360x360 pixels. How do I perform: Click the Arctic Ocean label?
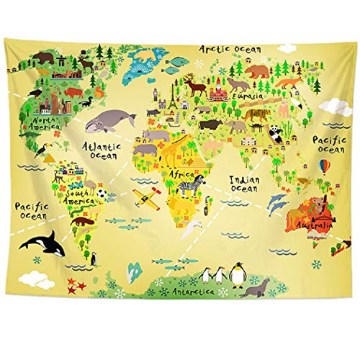pyautogui.click(x=230, y=48)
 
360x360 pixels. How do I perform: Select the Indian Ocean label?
pyautogui.click(x=244, y=183)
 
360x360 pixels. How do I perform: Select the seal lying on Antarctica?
pyautogui.click(x=255, y=289)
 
